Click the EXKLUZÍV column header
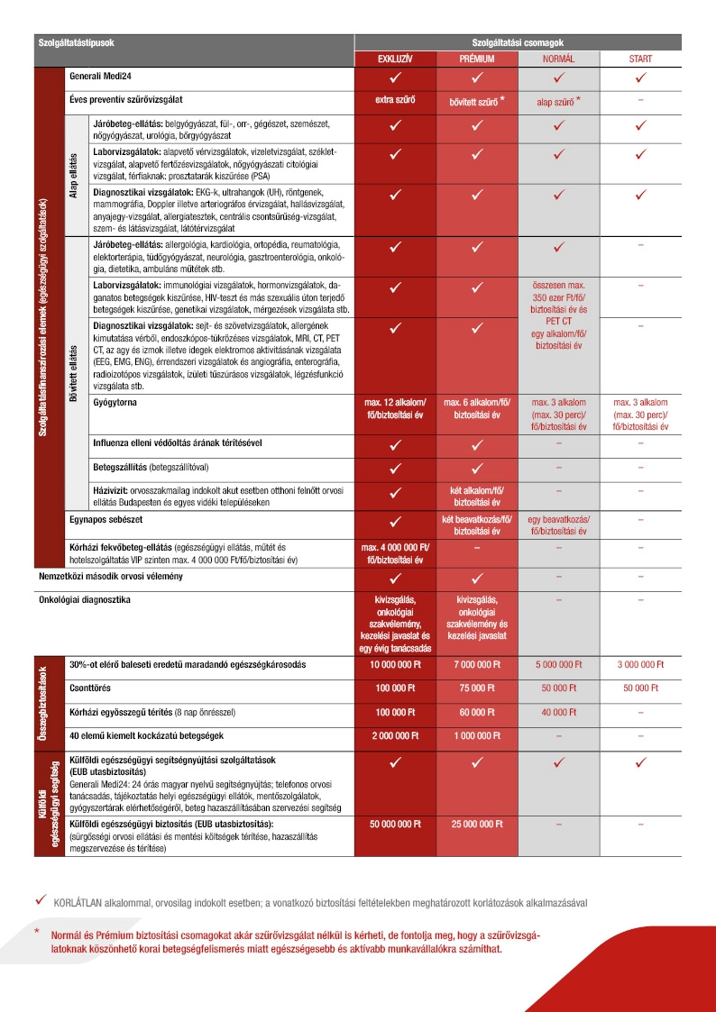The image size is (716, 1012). [395, 59]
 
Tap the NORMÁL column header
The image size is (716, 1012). [558, 59]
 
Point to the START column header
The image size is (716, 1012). [640, 59]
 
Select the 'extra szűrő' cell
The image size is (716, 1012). [395, 100]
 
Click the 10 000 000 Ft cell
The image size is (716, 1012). [395, 665]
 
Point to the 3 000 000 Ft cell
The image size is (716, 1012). [640, 665]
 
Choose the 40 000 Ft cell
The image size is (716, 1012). [558, 712]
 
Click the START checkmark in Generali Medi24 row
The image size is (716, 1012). [640, 77]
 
